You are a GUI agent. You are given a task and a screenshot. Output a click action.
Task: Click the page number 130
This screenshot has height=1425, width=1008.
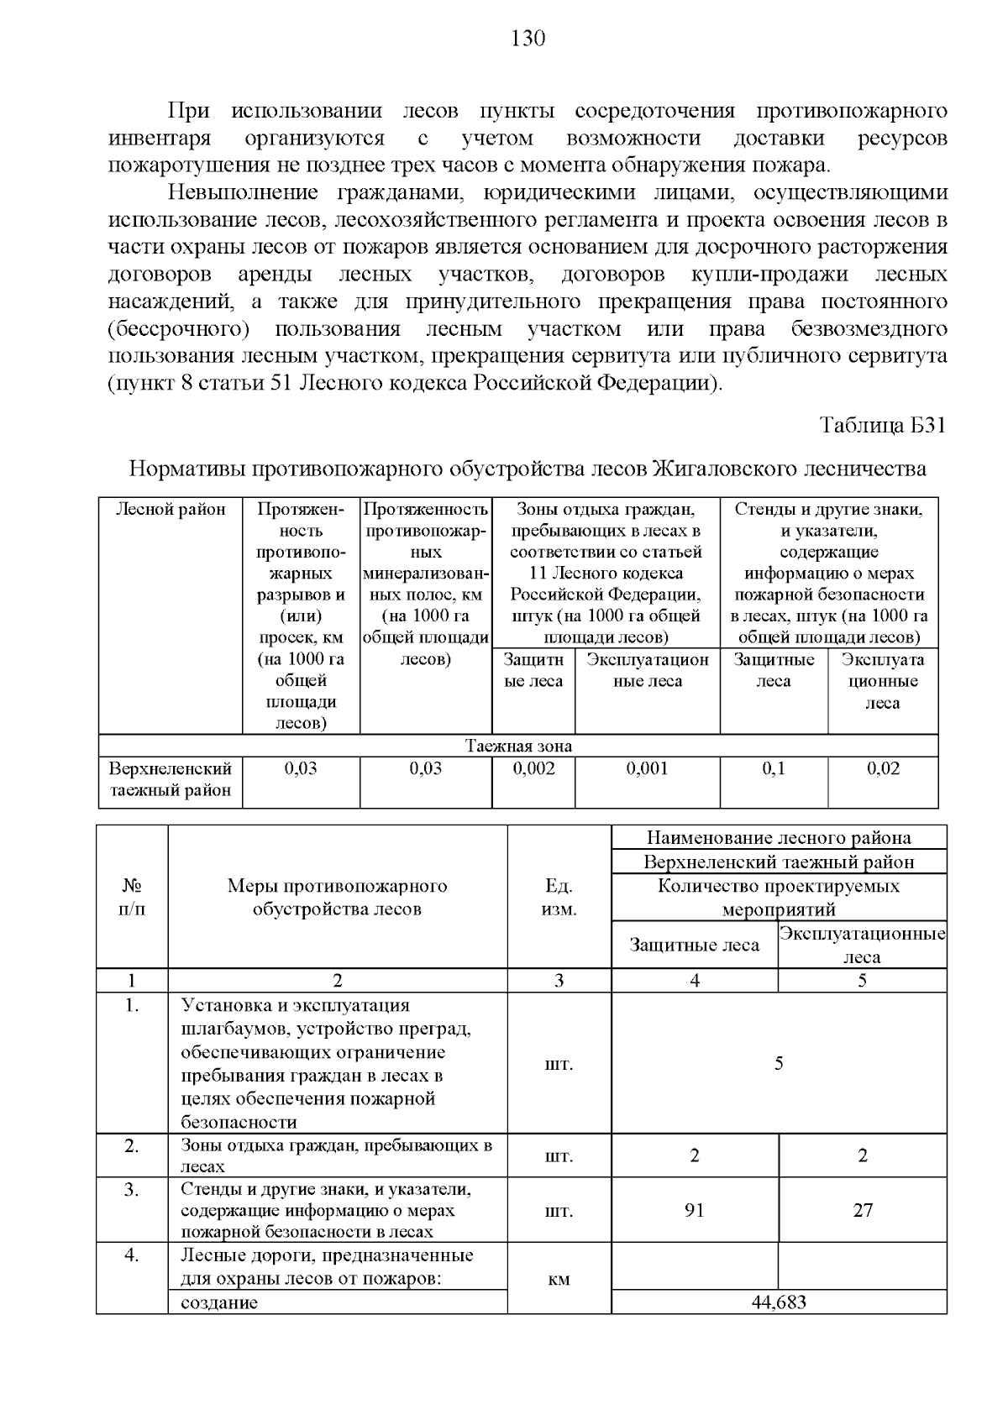click(528, 39)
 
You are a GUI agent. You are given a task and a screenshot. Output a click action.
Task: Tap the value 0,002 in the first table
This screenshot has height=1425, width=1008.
click(533, 768)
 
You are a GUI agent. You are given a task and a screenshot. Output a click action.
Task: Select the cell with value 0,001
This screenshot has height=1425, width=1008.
click(647, 768)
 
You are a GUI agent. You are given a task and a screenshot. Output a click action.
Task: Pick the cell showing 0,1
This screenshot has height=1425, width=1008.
click(774, 768)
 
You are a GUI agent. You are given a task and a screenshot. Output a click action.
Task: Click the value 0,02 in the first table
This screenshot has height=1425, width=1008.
click(883, 768)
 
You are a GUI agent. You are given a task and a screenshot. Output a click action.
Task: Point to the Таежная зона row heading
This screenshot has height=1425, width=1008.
click(519, 746)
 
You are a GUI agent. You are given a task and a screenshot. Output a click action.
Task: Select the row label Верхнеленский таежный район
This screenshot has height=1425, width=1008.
click(171, 779)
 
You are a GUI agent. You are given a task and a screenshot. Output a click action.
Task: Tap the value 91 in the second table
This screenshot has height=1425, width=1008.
click(695, 1210)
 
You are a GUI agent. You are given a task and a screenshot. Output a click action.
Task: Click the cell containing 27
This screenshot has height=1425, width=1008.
click(863, 1210)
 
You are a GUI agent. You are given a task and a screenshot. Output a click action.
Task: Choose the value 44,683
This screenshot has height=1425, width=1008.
click(779, 1302)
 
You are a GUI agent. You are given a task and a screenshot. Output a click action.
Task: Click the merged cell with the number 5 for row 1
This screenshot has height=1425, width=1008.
click(779, 1063)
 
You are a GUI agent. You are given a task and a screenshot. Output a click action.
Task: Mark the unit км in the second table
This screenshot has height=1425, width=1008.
click(559, 1279)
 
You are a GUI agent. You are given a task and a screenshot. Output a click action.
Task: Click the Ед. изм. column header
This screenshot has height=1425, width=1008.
click(559, 898)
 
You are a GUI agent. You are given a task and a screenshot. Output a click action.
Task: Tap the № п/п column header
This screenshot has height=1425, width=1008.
click(132, 898)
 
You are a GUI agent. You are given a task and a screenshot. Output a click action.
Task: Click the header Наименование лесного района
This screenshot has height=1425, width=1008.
click(779, 837)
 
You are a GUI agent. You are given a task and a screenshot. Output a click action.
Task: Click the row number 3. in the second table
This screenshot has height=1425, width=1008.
click(132, 1189)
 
